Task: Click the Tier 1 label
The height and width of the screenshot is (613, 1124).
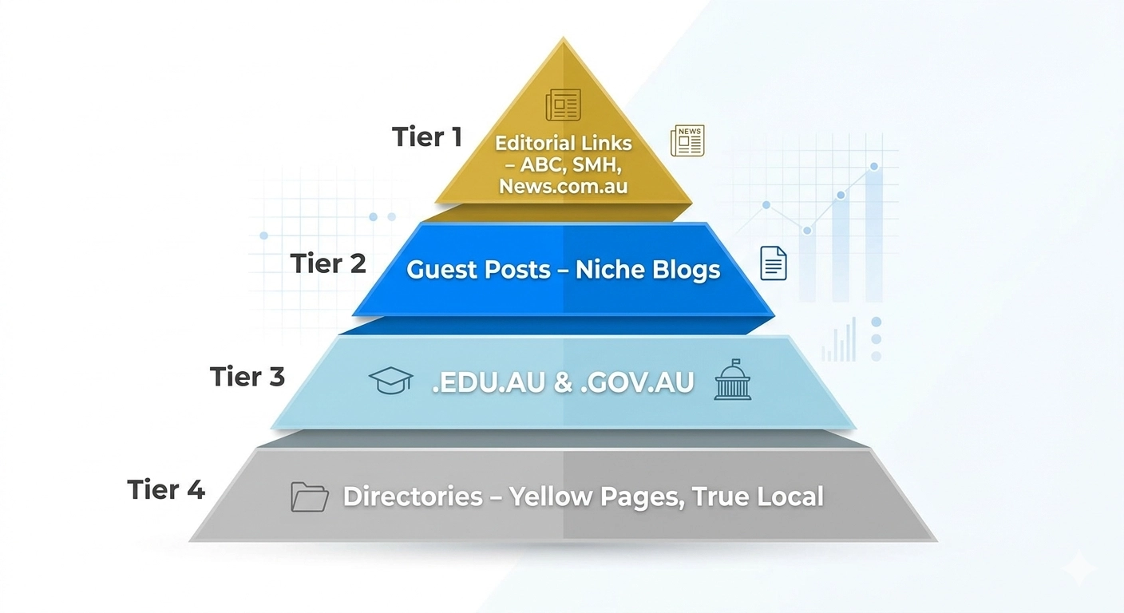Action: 427,136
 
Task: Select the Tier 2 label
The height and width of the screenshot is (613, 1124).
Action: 328,263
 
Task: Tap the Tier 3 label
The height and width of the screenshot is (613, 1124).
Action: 247,376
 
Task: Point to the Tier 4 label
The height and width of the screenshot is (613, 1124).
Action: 166,489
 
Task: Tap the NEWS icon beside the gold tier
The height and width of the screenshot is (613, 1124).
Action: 687,140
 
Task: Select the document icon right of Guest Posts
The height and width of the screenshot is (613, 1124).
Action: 774,263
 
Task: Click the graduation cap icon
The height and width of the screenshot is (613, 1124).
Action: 390,381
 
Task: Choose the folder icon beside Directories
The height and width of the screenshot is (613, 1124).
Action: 310,496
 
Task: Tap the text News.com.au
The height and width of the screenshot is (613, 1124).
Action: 564,186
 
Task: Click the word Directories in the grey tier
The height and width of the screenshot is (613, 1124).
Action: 413,496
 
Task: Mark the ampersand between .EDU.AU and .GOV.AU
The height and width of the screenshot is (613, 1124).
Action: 563,383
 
